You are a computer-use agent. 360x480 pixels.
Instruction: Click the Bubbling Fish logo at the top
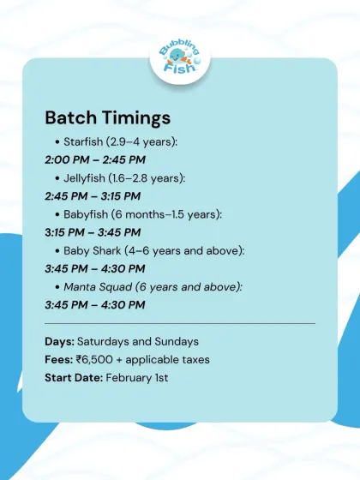(180, 57)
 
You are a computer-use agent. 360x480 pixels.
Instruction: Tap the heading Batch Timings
(108, 117)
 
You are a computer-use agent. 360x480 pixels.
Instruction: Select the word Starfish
(84, 141)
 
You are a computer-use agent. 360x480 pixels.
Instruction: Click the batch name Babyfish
(89, 214)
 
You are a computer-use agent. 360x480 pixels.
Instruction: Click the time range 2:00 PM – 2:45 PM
(94, 159)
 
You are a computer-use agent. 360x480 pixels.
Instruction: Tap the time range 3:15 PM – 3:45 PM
(93, 232)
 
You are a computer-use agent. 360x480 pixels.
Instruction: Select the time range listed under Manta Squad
(94, 304)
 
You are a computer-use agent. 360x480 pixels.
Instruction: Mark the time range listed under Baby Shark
(94, 268)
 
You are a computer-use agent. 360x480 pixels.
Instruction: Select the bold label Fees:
(59, 359)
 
